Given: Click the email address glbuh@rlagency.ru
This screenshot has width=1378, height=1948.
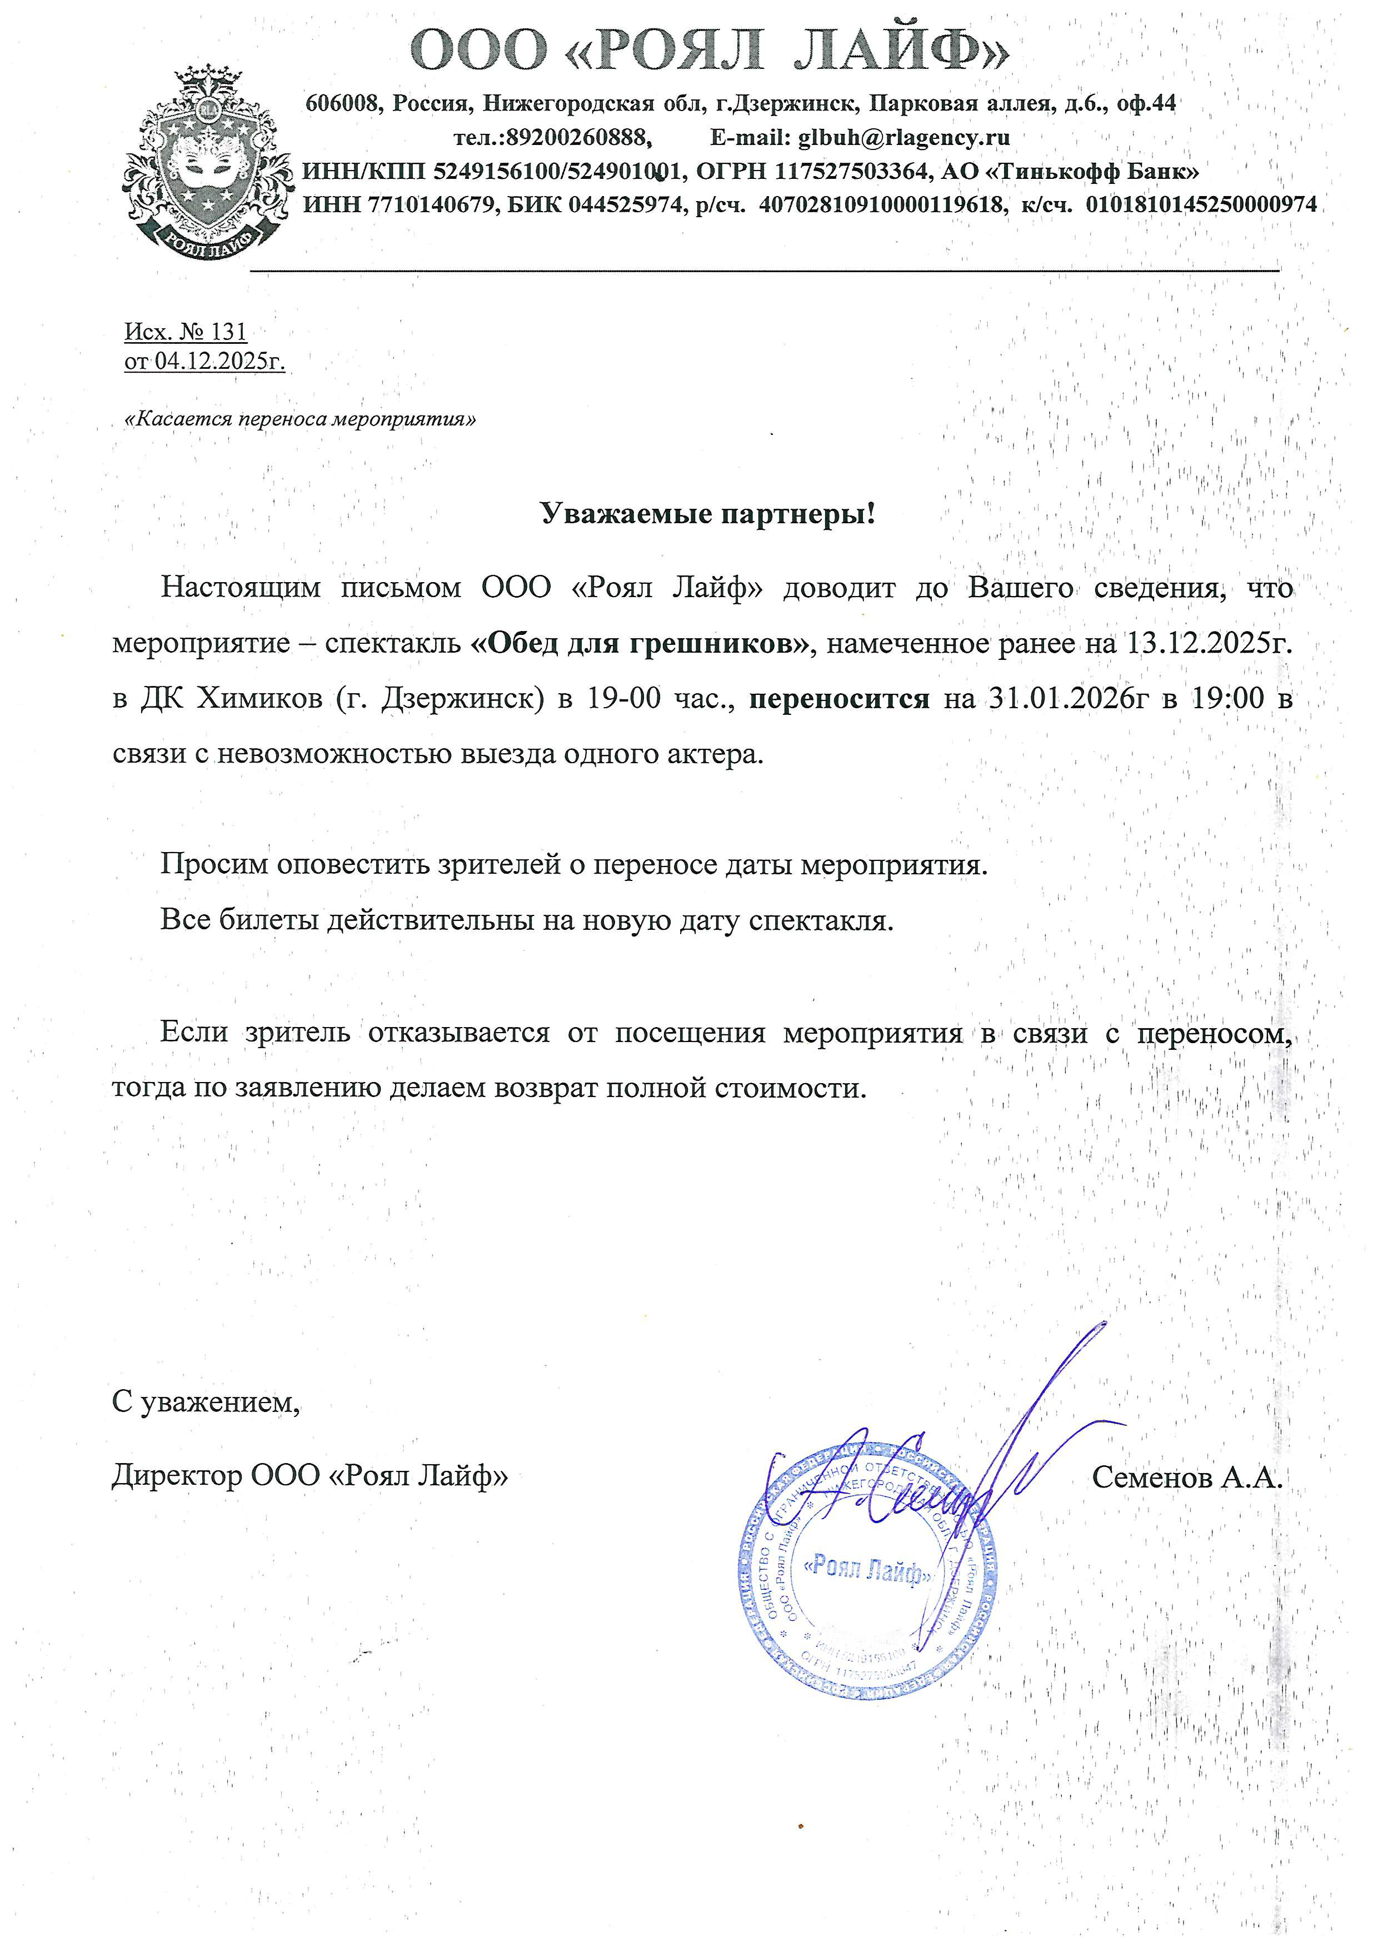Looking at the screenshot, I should [903, 137].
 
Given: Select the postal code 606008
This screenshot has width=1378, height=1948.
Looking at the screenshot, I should [342, 103].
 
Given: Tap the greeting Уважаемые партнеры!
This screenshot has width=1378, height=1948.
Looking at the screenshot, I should [708, 514].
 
